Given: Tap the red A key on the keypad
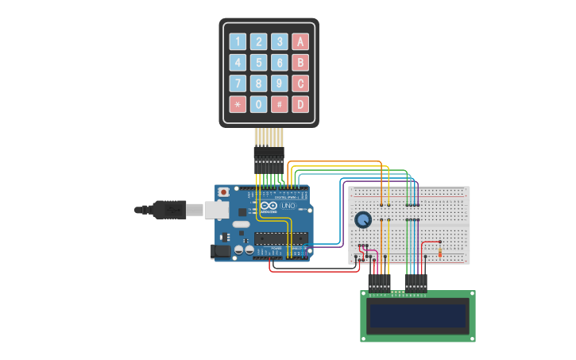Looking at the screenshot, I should (x=300, y=42).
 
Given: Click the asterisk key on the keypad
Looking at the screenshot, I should (x=238, y=104).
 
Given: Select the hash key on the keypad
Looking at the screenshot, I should (x=280, y=104).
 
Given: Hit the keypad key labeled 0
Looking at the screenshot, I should (x=259, y=104).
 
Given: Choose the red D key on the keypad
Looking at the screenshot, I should (x=300, y=104).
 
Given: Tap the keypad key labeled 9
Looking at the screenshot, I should (x=280, y=83).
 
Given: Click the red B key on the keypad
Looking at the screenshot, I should (x=300, y=63).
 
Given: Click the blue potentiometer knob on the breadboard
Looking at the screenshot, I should (x=363, y=219).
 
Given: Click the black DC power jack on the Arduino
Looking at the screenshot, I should (x=220, y=251).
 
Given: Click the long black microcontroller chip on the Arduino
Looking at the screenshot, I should (x=281, y=238).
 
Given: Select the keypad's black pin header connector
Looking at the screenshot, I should (x=269, y=160).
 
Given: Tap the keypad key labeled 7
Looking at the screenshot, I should (x=238, y=83).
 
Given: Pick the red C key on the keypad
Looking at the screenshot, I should (x=300, y=83).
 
